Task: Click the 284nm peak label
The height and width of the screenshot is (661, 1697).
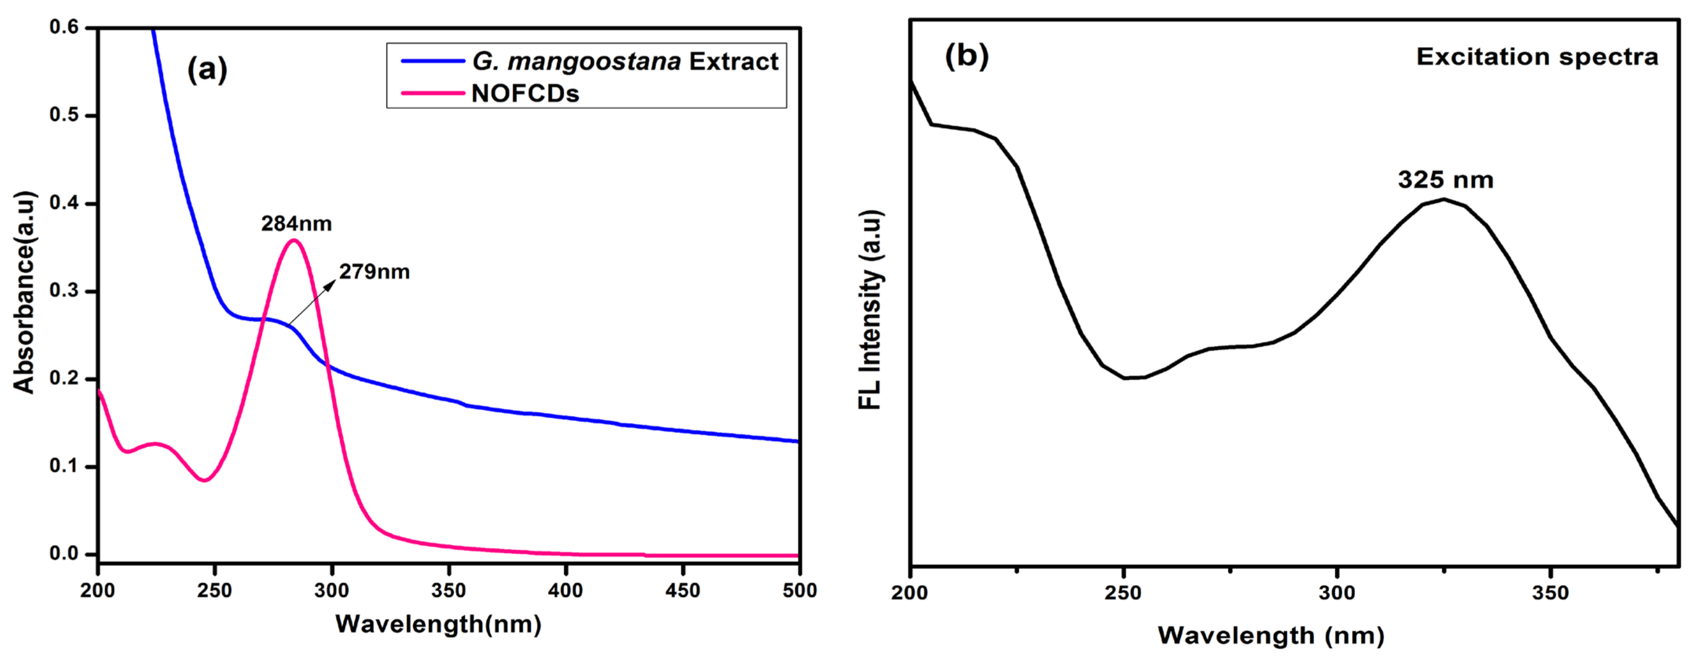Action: click(296, 224)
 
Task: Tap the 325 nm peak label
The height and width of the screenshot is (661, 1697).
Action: click(1445, 180)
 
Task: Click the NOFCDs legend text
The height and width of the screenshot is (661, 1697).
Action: click(525, 94)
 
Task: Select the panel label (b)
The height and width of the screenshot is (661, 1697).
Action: click(966, 55)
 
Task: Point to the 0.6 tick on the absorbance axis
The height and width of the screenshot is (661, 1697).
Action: click(64, 27)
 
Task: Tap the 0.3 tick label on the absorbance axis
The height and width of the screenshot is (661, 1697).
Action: click(64, 291)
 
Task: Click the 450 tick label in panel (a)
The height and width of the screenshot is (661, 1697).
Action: click(683, 591)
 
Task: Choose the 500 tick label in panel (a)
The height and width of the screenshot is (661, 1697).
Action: click(799, 591)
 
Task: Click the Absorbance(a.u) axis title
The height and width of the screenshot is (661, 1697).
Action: click(24, 292)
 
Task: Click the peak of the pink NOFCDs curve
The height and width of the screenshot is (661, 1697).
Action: click(294, 240)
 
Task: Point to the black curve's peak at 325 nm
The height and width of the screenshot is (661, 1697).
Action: click(1444, 199)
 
